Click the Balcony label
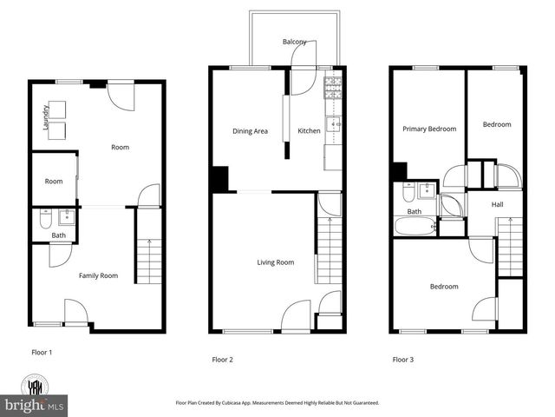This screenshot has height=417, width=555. [294, 42]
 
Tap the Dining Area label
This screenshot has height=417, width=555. [250, 131]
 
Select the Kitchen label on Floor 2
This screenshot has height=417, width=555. [309, 131]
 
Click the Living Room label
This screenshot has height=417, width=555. [275, 262]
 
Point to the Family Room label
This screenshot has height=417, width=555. [98, 275]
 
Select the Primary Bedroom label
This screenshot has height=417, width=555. [428, 129]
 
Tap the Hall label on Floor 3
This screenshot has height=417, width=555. [497, 204]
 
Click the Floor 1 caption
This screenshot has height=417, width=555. [42, 353]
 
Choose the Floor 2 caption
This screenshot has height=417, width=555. [223, 359]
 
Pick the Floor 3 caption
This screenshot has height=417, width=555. [402, 359]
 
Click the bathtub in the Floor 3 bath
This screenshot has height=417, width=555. [415, 228]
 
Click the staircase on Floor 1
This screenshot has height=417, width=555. [149, 261]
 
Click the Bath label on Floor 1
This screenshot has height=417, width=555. [58, 235]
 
